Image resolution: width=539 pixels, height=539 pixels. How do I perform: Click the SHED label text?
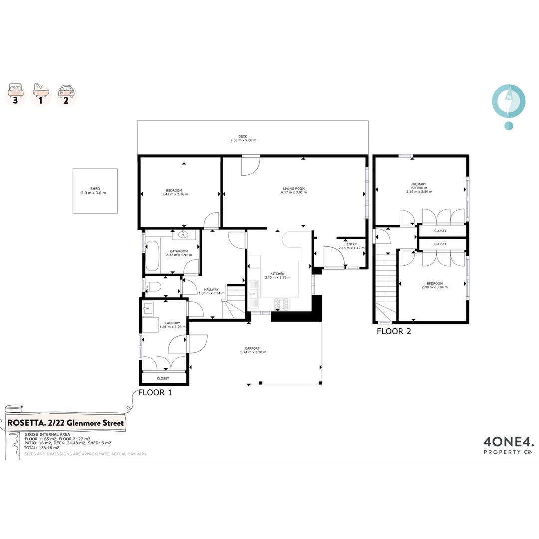coord(95,189)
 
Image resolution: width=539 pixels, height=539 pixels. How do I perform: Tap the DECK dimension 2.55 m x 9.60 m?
coord(243,140)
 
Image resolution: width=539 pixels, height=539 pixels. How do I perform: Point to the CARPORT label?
coord(253,348)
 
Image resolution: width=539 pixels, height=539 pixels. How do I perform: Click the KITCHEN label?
coord(277,274)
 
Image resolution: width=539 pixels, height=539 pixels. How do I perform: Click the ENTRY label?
coord(352,244)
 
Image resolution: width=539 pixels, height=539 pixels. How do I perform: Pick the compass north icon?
coord(508,100)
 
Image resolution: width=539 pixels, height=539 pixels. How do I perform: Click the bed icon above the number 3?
coord(15,90)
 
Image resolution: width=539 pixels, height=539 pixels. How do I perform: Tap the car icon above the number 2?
coord(66,90)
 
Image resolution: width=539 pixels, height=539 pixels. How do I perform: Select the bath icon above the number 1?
coord(41,90)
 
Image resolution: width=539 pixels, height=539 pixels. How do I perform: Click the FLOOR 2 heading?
coord(394,331)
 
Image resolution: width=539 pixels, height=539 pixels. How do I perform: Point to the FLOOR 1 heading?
coord(155,392)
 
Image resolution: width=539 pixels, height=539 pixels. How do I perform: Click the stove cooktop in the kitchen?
coord(282,304)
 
